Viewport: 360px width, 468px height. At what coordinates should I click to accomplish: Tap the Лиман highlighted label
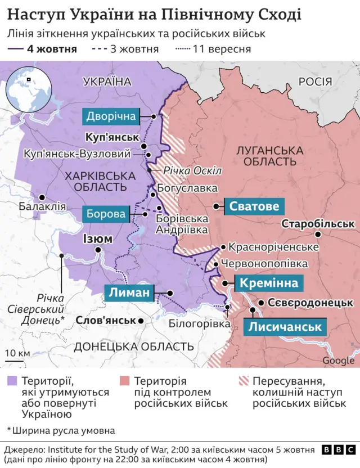pyautogui.click(x=129, y=293)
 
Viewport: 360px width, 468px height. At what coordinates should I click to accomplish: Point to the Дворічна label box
pyautogui.click(x=111, y=116)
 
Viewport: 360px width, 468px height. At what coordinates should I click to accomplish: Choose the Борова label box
pyautogui.click(x=106, y=214)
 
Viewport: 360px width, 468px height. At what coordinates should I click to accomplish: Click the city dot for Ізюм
pyautogui.click(x=99, y=251)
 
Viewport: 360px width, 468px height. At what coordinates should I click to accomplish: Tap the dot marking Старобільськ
pyautogui.click(x=318, y=235)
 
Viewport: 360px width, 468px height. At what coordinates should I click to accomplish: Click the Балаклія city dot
pyautogui.click(x=42, y=197)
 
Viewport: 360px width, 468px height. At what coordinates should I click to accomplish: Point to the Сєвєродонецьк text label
pyautogui.click(x=310, y=303)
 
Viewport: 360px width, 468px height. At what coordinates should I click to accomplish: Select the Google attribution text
pyautogui.click(x=339, y=361)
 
